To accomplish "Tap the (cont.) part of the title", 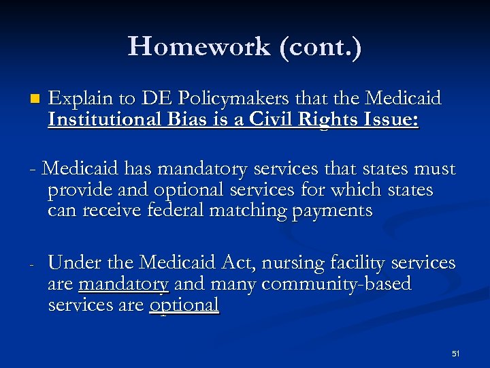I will (x=317, y=46).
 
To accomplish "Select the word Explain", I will (x=80, y=99).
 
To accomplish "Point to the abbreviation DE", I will (x=152, y=99).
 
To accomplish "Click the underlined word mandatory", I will (x=123, y=283).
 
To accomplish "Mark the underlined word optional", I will (x=184, y=305).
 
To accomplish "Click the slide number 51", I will (x=456, y=354).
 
